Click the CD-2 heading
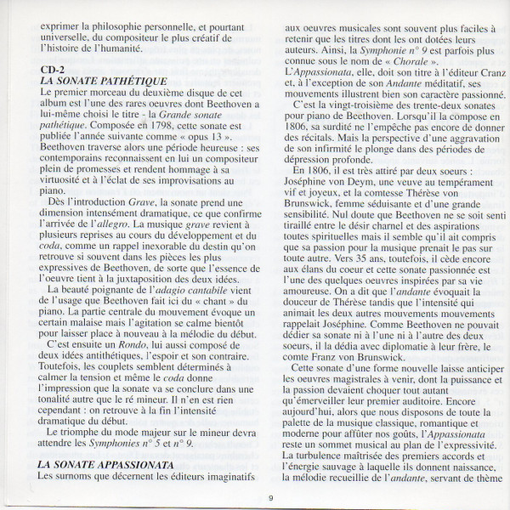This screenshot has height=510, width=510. tap(53, 69)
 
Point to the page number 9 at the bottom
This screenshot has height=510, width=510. tap(270, 498)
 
